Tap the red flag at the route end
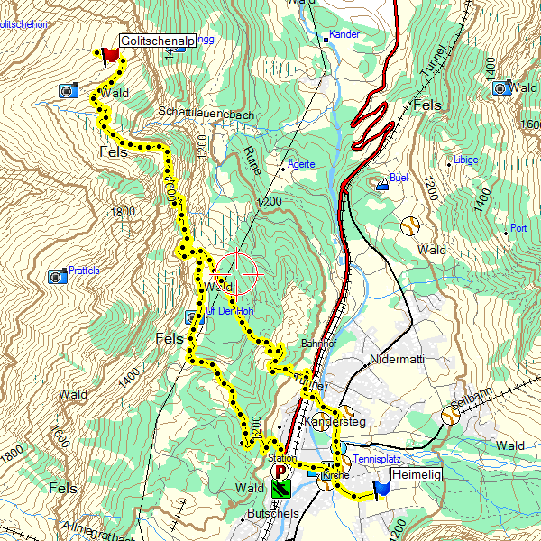(111, 55)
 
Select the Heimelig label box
(417, 473)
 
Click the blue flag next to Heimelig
(381, 488)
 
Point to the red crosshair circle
(238, 271)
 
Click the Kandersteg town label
(333, 422)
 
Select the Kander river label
(344, 34)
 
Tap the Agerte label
(301, 165)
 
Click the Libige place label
(466, 160)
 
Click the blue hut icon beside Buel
(382, 185)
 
